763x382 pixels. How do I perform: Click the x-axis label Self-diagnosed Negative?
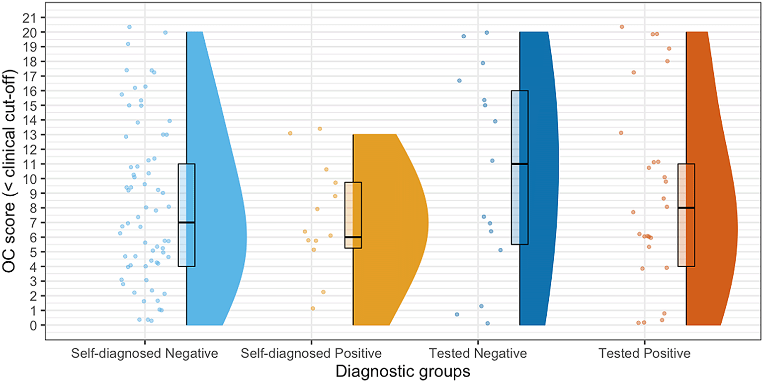[145, 353]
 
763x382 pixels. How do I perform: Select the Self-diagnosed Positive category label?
[311, 353]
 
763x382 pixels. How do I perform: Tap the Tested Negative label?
[478, 353]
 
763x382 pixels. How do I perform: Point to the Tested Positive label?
[644, 353]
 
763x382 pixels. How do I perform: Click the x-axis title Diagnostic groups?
[403, 372]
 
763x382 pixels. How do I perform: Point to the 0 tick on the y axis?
[33, 325]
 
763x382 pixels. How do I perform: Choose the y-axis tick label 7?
[33, 223]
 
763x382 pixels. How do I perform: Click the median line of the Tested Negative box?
[520, 164]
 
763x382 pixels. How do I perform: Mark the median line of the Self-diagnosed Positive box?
[353, 237]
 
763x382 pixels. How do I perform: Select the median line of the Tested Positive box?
[686, 208]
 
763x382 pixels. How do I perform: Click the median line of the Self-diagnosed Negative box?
[187, 223]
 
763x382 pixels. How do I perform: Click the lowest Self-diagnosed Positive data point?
[313, 308]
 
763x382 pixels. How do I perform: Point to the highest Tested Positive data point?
[622, 27]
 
